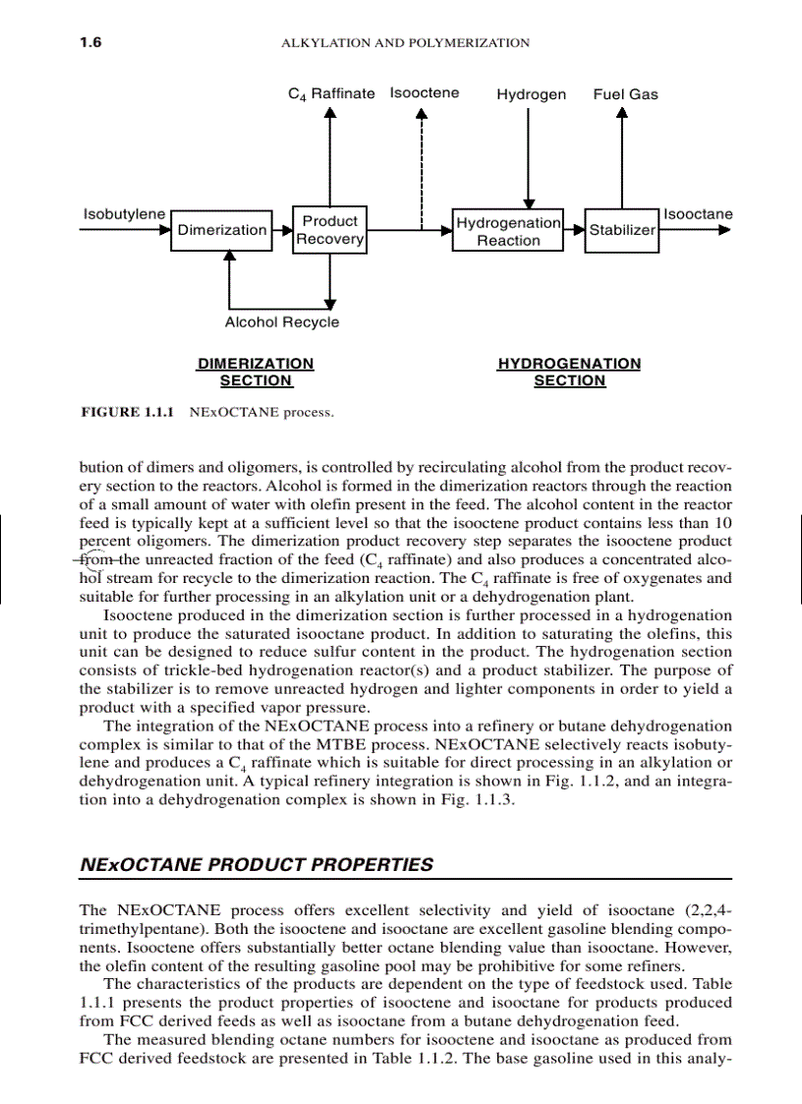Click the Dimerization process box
coord(221,230)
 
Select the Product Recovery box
coord(329,230)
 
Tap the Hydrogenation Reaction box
coord(508,231)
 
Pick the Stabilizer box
coord(621,230)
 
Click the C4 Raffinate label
coord(330,94)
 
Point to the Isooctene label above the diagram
coord(424,93)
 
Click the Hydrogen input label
coord(531,94)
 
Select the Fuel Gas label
coord(625,94)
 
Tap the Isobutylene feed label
coord(124,214)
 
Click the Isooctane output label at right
coord(698,214)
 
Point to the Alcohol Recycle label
coord(281,322)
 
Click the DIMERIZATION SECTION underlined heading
coord(256,373)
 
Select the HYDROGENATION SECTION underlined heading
coord(569,373)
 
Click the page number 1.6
coord(91,43)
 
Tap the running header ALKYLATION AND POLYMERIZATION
coord(405,43)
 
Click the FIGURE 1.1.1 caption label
coord(127,413)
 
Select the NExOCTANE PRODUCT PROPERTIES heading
coord(256,865)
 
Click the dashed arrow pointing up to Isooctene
coord(423,167)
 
